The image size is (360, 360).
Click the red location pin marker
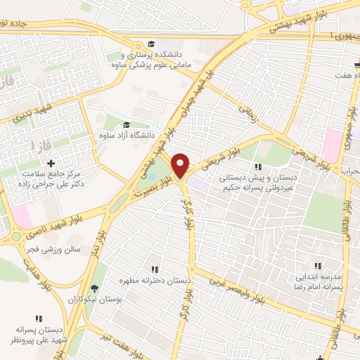pos(181,165)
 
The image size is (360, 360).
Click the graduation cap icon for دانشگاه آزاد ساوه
pos(127,124)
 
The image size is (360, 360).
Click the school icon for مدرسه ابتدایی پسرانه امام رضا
pos(317,266)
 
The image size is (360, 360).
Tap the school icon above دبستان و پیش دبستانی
pos(257,167)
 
